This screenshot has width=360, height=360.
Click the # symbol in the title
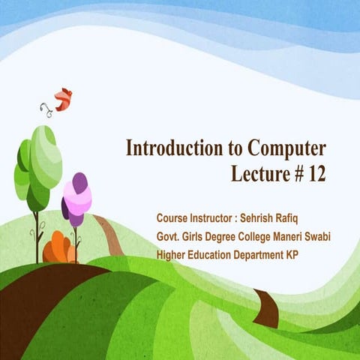293,174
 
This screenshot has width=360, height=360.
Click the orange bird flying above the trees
63,98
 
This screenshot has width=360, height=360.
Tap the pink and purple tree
76,199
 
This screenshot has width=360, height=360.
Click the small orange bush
57,247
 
